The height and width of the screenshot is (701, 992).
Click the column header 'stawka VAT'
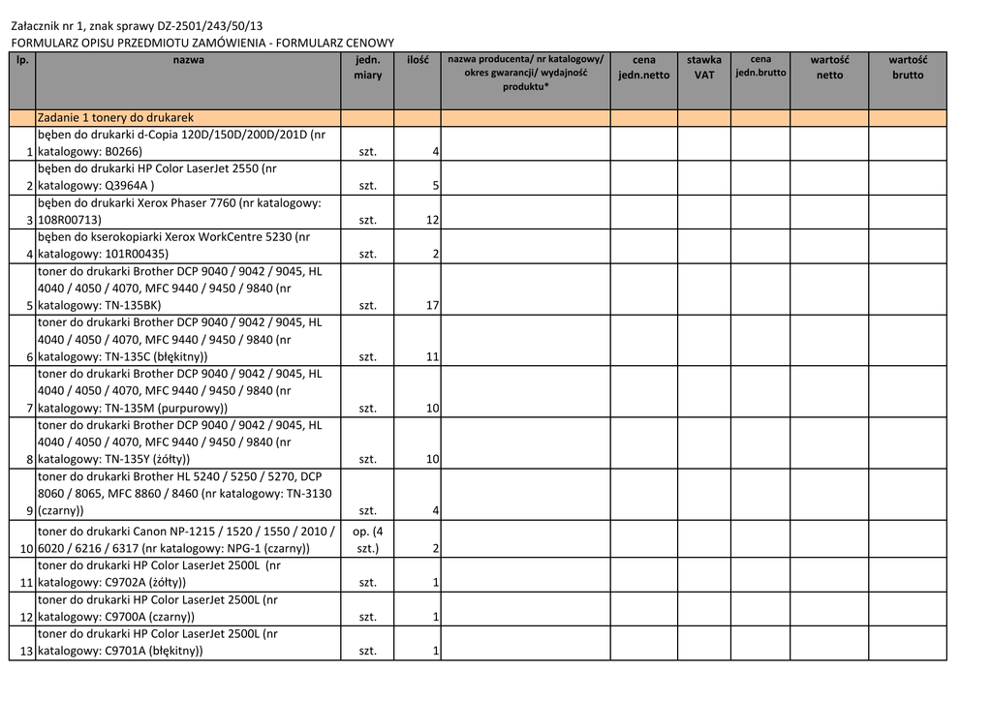703,68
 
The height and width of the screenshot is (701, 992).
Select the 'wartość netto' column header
829,68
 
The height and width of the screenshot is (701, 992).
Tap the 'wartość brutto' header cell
908,68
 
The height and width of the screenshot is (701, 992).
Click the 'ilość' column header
418,60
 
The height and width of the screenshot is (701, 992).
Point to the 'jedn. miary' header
367,68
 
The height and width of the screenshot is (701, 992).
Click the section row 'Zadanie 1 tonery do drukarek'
115,118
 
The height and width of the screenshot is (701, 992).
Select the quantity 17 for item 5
432,306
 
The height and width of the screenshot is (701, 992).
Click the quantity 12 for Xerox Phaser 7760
432,221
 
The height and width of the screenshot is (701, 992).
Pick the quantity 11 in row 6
432,357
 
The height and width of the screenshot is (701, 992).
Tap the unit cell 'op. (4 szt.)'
367,540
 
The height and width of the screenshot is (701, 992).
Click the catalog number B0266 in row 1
123,152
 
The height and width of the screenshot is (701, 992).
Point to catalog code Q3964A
127,186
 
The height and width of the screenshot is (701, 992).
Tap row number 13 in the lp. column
26,652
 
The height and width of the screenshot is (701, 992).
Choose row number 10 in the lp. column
26,549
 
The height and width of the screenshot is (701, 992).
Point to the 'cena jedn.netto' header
643,68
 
